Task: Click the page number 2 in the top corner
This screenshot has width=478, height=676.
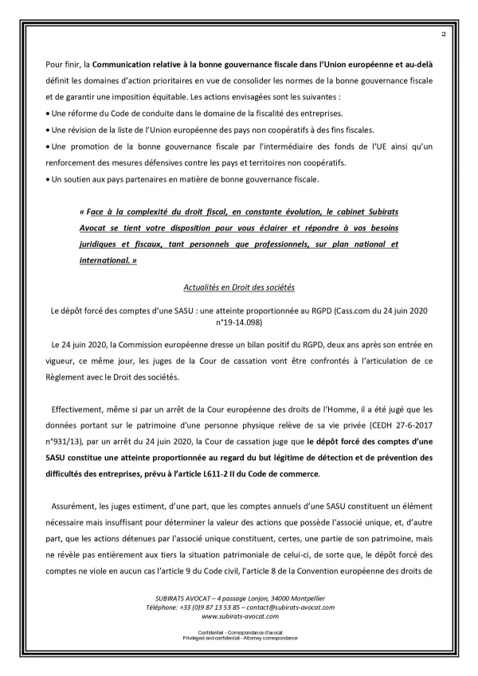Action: pyautogui.click(x=443, y=35)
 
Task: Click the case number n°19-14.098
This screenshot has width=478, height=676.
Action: pyautogui.click(x=238, y=323)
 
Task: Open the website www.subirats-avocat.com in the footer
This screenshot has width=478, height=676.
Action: pyautogui.click(x=238, y=616)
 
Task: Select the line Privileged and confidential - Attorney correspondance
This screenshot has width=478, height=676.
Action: pyautogui.click(x=238, y=639)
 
